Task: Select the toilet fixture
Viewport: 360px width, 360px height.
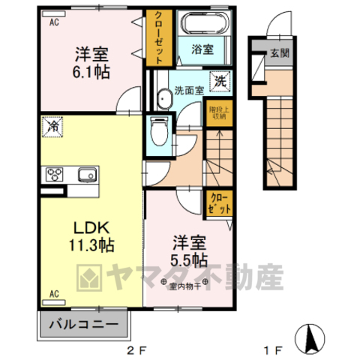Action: (158, 131)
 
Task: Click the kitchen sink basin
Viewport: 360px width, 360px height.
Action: (85, 175)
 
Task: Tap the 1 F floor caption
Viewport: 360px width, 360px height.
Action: (272, 349)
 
